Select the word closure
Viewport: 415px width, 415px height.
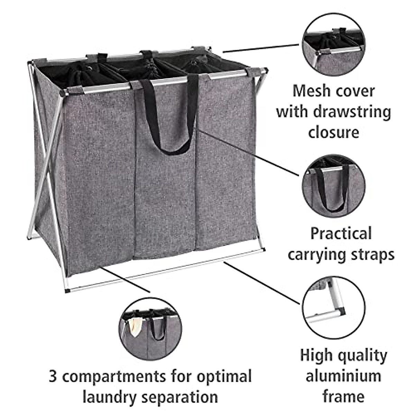(x=333, y=132)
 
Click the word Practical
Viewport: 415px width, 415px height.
(x=341, y=233)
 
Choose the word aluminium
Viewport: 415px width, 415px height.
(x=343, y=376)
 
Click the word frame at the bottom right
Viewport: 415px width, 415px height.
(x=343, y=396)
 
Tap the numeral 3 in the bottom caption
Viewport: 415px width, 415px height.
(x=53, y=376)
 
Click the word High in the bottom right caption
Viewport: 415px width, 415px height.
(x=316, y=355)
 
